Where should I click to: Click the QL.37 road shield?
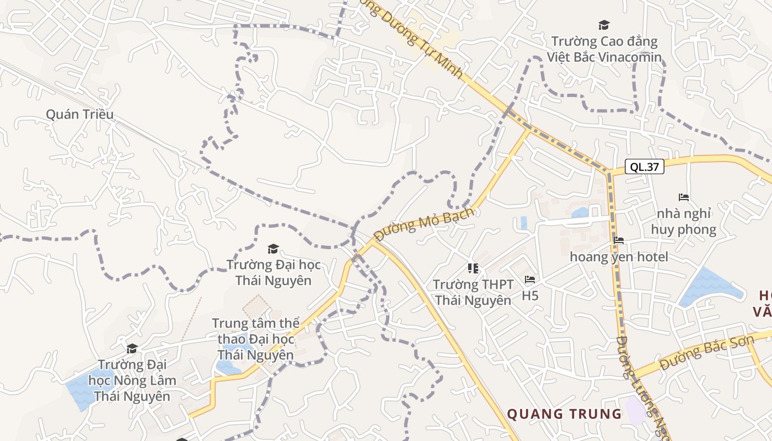(x=644, y=166)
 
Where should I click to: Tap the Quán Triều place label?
(x=79, y=114)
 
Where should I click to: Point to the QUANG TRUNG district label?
(x=564, y=414)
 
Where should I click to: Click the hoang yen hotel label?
(x=619, y=257)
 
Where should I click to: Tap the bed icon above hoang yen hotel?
(x=619, y=240)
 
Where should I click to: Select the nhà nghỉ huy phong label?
(x=684, y=222)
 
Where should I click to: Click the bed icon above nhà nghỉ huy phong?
(x=684, y=197)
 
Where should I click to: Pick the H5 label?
(x=530, y=296)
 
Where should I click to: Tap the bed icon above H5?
(x=530, y=279)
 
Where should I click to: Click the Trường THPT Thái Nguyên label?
(x=473, y=292)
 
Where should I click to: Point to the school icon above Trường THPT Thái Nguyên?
(x=473, y=268)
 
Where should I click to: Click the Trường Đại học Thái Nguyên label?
(x=274, y=272)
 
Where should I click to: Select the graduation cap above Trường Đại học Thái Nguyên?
(x=273, y=249)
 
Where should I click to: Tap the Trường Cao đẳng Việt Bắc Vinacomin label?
(x=604, y=49)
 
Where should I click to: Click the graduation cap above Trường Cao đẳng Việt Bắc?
(x=604, y=25)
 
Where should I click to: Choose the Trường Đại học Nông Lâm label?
(x=132, y=380)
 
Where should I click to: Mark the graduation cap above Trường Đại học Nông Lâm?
(x=132, y=348)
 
